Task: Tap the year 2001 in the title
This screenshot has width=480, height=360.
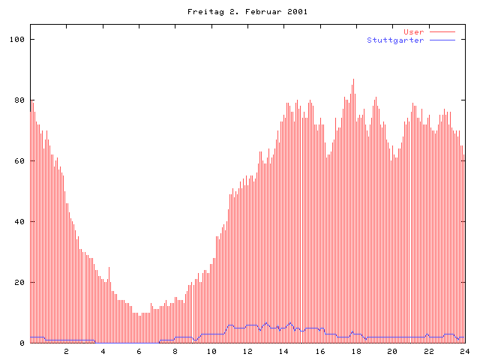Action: point(296,12)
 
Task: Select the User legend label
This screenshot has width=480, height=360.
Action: point(414,32)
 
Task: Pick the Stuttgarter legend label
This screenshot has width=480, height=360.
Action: point(395,40)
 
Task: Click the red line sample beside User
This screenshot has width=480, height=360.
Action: point(442,32)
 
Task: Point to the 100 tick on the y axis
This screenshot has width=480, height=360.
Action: point(16,39)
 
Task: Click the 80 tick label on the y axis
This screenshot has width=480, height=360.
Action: point(19,100)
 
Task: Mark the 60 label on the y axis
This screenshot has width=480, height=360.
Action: point(19,161)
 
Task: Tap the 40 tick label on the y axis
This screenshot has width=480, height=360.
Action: point(19,222)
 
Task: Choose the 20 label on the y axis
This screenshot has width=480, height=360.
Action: point(19,283)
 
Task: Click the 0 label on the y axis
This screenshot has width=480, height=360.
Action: point(22,343)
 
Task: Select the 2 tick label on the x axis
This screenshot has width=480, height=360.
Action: point(66,351)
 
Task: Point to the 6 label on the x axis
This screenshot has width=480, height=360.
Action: point(139,351)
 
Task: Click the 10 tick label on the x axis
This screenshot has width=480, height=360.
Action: point(211,351)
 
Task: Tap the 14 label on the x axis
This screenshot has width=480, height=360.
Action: point(283,351)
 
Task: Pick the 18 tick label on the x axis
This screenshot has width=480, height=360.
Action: point(356,351)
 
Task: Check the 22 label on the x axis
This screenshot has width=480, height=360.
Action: point(428,351)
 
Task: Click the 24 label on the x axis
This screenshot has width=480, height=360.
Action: point(464,351)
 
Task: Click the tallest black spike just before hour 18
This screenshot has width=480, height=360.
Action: point(354,81)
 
